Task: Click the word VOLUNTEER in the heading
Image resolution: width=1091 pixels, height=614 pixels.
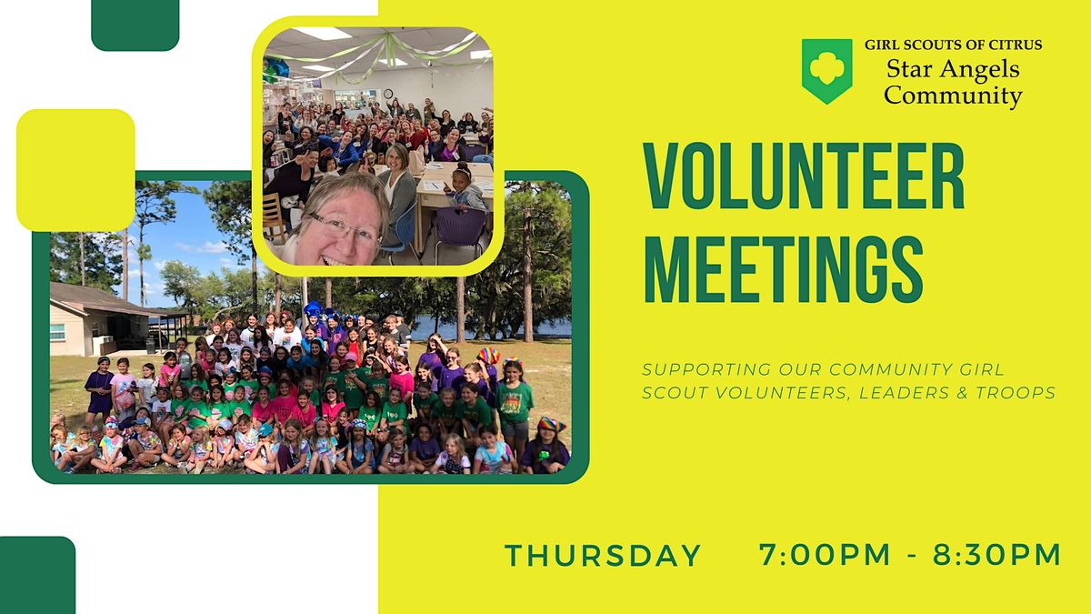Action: click(803, 178)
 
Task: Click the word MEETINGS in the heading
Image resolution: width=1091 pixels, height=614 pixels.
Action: click(783, 266)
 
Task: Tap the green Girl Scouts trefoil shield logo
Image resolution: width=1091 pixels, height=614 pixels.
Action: click(826, 71)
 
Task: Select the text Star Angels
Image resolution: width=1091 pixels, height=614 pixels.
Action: click(952, 69)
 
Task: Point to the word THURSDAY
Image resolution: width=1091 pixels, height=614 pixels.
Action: click(603, 555)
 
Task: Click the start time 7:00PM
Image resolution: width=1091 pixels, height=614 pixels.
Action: click(826, 555)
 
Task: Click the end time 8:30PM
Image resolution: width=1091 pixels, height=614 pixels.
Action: click(996, 555)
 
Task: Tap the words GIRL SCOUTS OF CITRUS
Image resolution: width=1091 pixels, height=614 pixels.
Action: click(953, 45)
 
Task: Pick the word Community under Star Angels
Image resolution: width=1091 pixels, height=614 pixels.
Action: click(953, 95)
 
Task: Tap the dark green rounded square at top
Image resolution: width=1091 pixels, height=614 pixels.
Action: click(135, 24)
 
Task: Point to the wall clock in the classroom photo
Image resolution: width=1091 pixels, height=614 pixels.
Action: click(388, 93)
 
